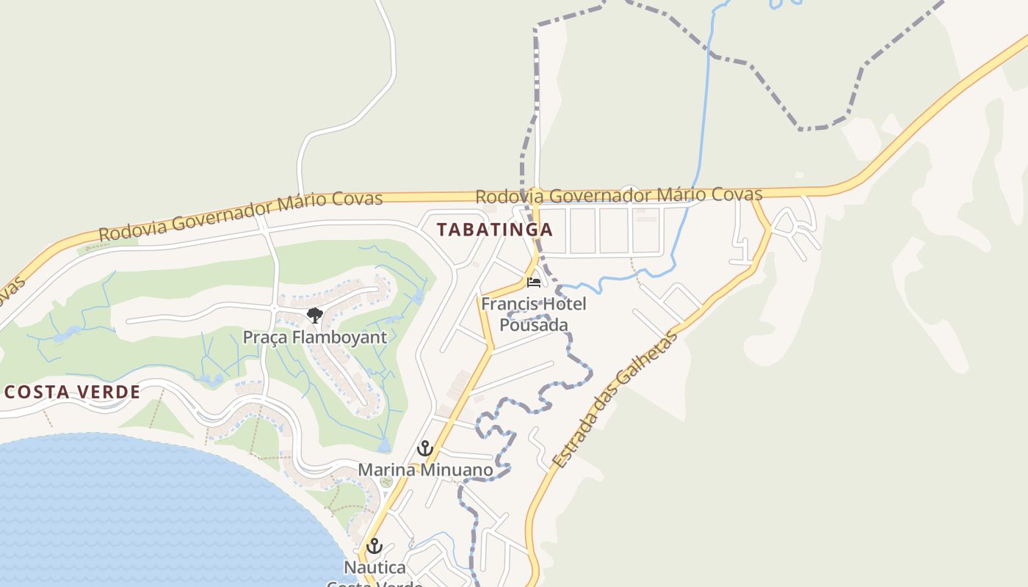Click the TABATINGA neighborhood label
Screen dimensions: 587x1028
pos(494,230)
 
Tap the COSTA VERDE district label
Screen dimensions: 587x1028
pos(72,392)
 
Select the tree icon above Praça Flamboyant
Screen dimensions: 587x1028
pos(314,316)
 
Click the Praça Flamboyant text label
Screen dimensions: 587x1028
pos(314,338)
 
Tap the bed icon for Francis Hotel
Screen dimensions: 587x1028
pos(534,282)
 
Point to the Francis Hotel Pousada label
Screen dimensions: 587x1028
pos(534,313)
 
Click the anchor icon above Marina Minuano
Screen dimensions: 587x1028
pos(424,448)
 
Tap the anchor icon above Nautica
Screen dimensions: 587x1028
pos(374,546)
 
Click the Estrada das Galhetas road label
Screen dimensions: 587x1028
pos(615,400)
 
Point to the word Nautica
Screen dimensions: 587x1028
pos(374,567)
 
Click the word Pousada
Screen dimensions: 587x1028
pos(534,324)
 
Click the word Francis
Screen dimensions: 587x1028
pos(507,303)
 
